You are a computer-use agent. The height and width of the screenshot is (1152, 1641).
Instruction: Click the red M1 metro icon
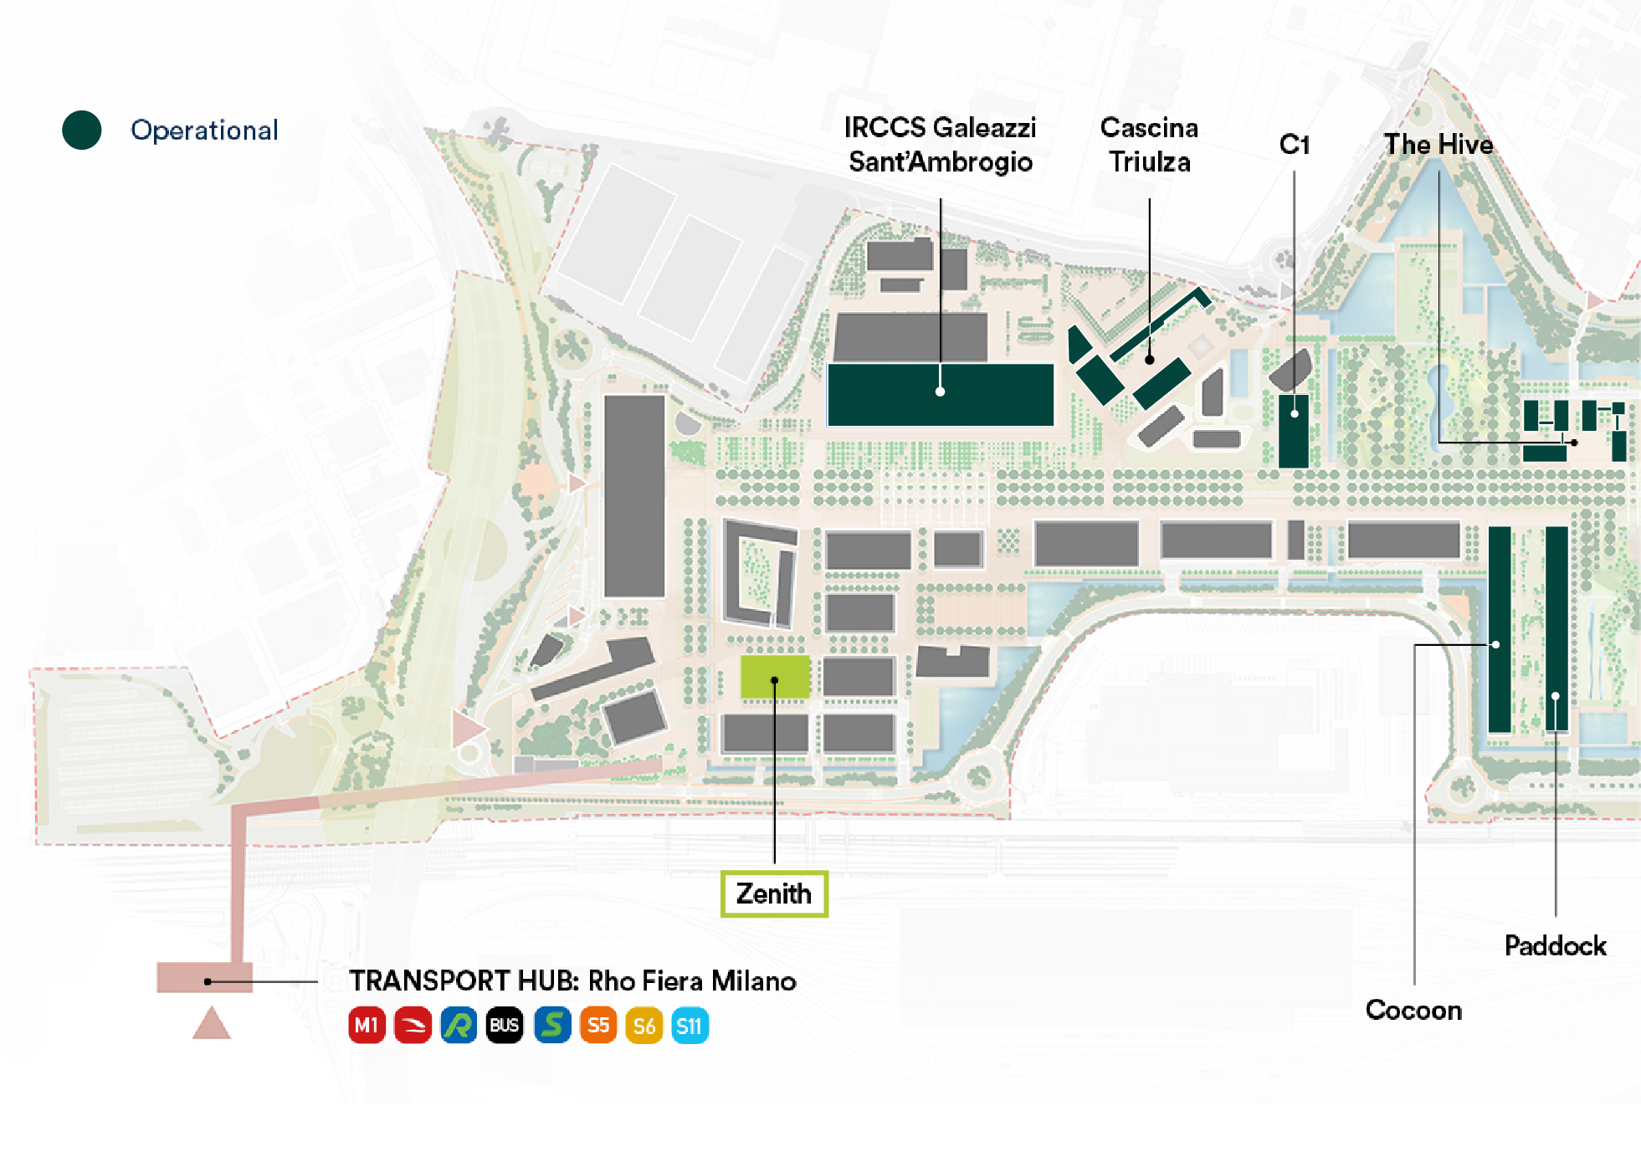click(367, 1026)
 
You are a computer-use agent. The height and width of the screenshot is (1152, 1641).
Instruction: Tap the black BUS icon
click(504, 1026)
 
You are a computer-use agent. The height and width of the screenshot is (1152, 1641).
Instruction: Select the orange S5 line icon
click(598, 1026)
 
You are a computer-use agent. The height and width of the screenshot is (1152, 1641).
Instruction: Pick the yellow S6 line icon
click(644, 1026)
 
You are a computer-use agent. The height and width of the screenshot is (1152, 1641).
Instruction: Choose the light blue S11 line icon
click(690, 1026)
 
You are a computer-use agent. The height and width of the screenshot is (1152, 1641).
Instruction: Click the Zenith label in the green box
click(774, 893)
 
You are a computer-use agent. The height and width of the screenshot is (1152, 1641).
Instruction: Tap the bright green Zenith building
click(775, 677)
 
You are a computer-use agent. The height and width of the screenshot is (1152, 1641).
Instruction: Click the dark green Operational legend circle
click(82, 131)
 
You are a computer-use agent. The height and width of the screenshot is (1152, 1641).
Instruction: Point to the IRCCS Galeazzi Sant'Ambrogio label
click(940, 145)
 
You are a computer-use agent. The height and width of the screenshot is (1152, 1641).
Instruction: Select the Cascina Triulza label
click(1149, 145)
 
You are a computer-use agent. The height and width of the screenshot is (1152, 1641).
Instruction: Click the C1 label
click(1294, 145)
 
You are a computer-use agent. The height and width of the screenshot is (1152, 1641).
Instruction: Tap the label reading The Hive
click(1438, 145)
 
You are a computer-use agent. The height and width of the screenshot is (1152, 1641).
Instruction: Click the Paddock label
click(1555, 945)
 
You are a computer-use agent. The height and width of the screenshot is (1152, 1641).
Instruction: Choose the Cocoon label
click(1413, 1010)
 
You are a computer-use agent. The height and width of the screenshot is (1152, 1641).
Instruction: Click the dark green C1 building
click(1294, 432)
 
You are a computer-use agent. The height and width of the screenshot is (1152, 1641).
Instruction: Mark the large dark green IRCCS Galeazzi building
click(941, 395)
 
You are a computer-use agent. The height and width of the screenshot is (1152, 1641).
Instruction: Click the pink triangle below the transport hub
click(211, 1024)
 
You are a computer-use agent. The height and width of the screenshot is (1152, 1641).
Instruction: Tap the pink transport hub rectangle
click(205, 977)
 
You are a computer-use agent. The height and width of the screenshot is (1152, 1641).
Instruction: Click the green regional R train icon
click(459, 1026)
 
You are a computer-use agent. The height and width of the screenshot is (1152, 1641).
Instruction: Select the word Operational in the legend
click(204, 131)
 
